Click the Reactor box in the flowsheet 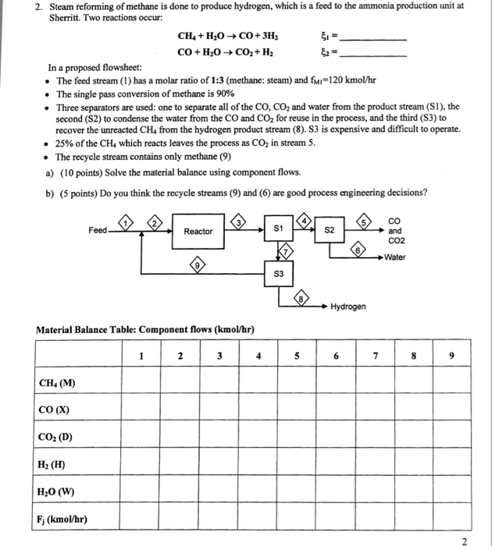198,232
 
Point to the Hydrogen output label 348,307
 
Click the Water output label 394,257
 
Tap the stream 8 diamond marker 302,297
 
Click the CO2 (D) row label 57,437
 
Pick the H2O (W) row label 57,491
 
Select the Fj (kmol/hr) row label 62,519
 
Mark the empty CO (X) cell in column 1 141,409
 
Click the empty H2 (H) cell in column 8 416,464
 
